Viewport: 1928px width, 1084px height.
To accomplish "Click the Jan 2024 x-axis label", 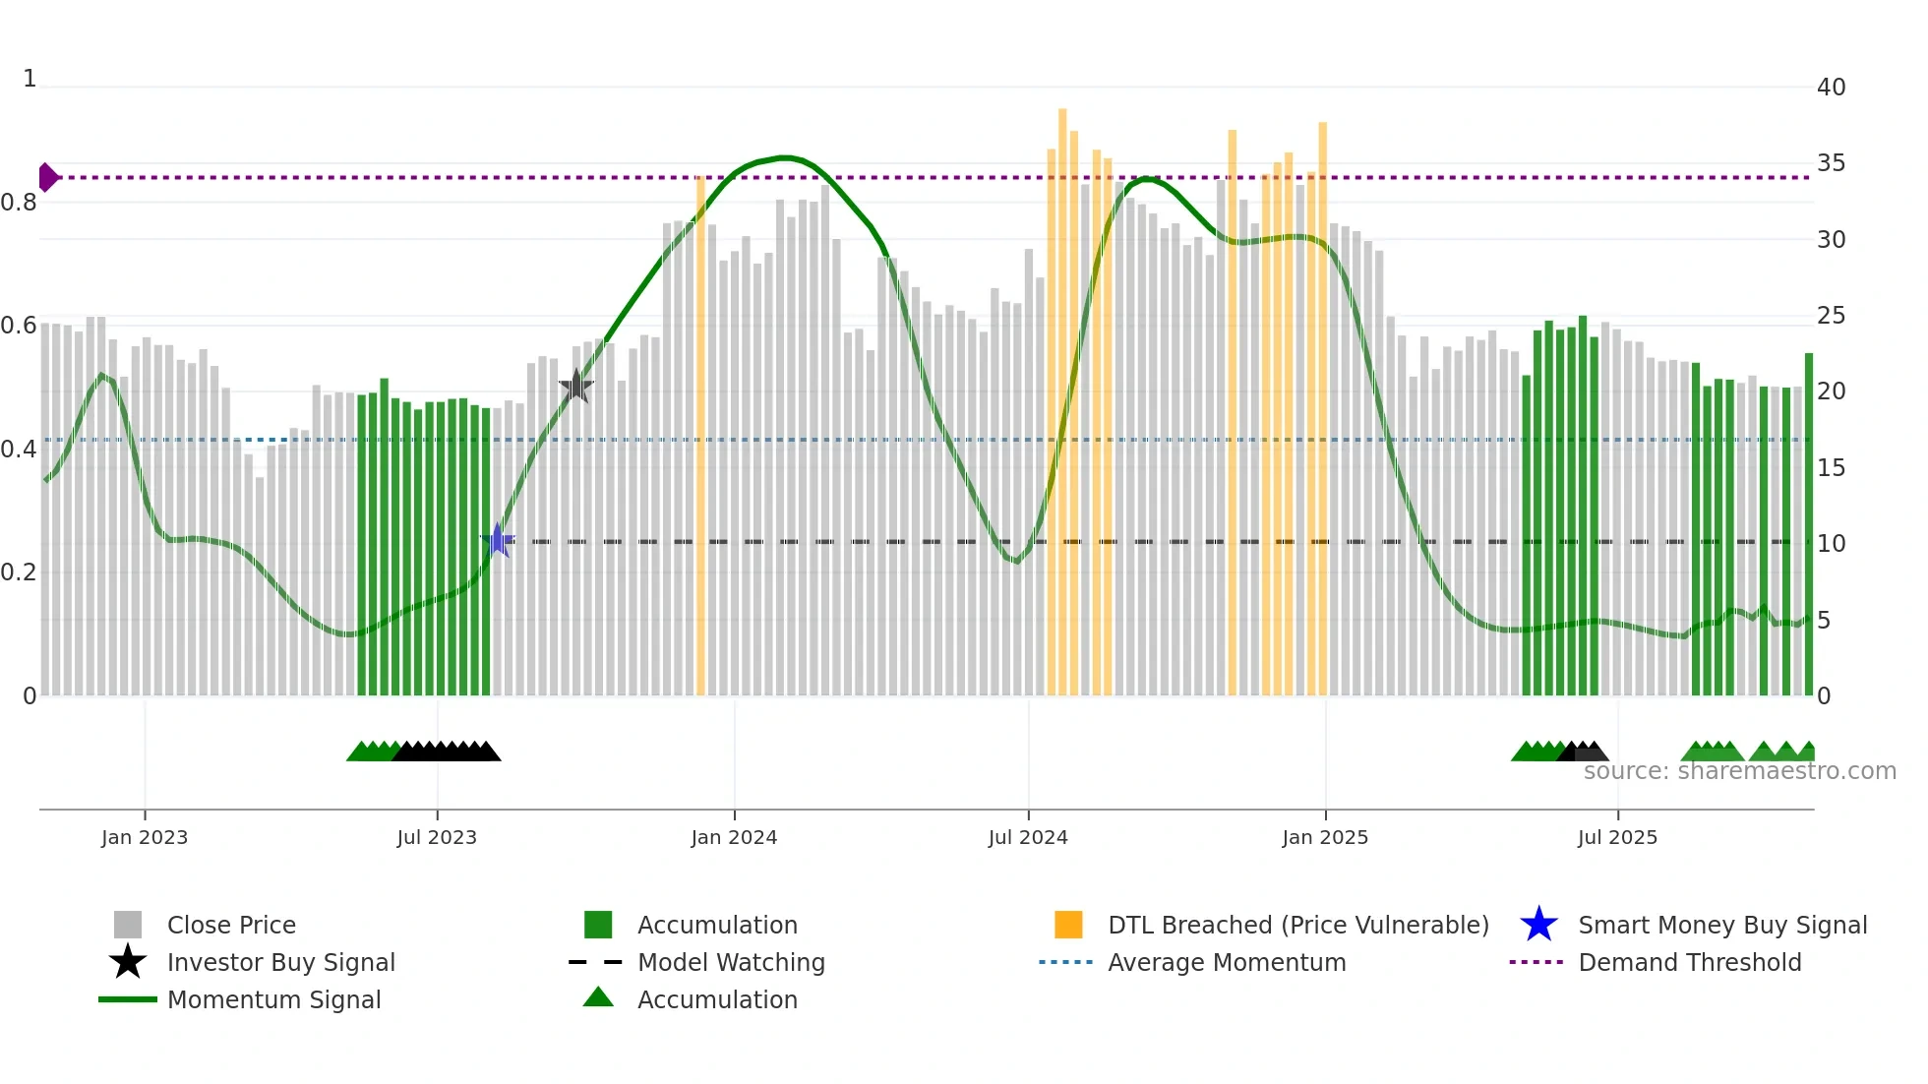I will pyautogui.click(x=734, y=838).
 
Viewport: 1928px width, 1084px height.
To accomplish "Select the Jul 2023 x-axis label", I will pyautogui.click(x=437, y=838).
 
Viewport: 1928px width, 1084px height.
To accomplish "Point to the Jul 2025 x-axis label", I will pyautogui.click(x=1617, y=838).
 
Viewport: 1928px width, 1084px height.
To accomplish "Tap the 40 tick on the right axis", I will pyautogui.click(x=1831, y=88).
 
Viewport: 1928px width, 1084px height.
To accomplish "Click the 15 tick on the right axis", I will pyautogui.click(x=1831, y=468).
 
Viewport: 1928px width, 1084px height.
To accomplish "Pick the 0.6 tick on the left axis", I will pyautogui.click(x=19, y=326).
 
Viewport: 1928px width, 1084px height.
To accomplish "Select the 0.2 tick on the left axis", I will pyautogui.click(x=19, y=572).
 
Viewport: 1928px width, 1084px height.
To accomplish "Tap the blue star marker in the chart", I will pyautogui.click(x=498, y=540).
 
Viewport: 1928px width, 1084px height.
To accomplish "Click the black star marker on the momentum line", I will pyautogui.click(x=575, y=387).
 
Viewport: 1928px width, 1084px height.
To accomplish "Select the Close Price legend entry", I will pyautogui.click(x=231, y=925).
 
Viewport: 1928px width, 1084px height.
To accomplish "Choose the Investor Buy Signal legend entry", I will pyautogui.click(x=280, y=962).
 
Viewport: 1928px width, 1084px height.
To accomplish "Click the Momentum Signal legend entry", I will pyautogui.click(x=273, y=999).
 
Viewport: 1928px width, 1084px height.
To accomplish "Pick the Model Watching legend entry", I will pyautogui.click(x=731, y=962).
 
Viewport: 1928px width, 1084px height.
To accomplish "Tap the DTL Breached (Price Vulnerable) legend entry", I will pyautogui.click(x=1297, y=925).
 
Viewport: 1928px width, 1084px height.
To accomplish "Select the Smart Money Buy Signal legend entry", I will pyautogui.click(x=1722, y=925).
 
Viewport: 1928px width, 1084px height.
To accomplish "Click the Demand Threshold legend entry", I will pyautogui.click(x=1689, y=962).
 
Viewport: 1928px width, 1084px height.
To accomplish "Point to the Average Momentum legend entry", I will pyautogui.click(x=1227, y=962).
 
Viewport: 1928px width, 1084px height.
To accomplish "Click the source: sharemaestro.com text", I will pyautogui.click(x=1739, y=771).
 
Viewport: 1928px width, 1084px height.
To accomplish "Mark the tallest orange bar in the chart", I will pyautogui.click(x=1062, y=393).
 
